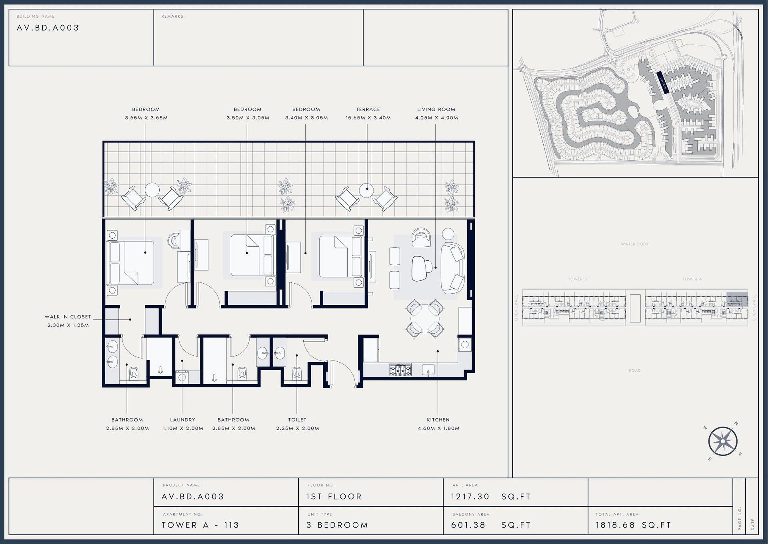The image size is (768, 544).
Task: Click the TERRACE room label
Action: click(x=368, y=109)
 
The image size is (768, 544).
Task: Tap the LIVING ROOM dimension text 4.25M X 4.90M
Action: click(x=436, y=118)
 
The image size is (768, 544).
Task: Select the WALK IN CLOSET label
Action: click(x=68, y=316)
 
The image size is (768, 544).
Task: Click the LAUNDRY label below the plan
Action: click(x=182, y=419)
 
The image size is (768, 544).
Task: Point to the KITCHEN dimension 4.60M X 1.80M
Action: click(x=438, y=428)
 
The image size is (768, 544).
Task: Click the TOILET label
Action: click(x=297, y=419)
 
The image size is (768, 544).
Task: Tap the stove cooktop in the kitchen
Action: click(x=400, y=370)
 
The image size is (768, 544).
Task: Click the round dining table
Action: click(x=425, y=318)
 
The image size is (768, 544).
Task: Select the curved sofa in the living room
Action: click(x=452, y=268)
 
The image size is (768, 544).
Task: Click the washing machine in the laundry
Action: click(x=182, y=377)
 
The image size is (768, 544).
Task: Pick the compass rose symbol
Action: click(x=723, y=441)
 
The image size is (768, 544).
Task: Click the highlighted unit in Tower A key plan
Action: click(x=737, y=299)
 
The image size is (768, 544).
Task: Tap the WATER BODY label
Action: click(x=634, y=244)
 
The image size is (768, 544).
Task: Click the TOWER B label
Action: click(x=577, y=279)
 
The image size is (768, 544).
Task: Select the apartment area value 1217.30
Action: click(x=470, y=497)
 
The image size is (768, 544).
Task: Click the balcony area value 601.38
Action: click(x=468, y=525)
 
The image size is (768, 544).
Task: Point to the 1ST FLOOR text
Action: click(x=334, y=497)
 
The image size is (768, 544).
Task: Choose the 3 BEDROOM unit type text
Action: click(x=337, y=525)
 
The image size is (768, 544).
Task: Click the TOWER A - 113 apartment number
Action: click(x=200, y=525)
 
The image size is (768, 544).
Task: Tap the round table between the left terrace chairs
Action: click(x=152, y=189)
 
